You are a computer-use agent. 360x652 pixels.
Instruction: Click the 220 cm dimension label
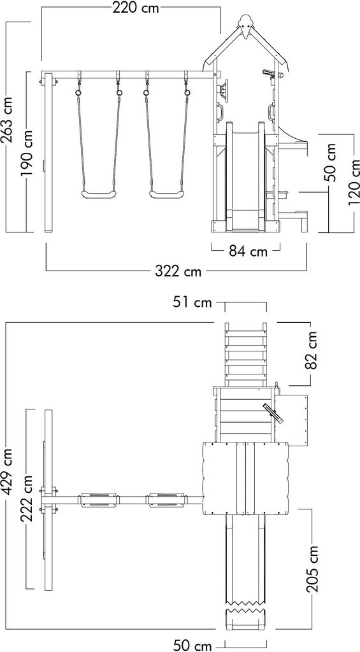(136, 8)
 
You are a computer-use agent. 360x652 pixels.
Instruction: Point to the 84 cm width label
(248, 251)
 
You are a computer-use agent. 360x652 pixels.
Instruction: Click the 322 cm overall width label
(178, 271)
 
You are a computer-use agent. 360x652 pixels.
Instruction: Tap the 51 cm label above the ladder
(192, 302)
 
